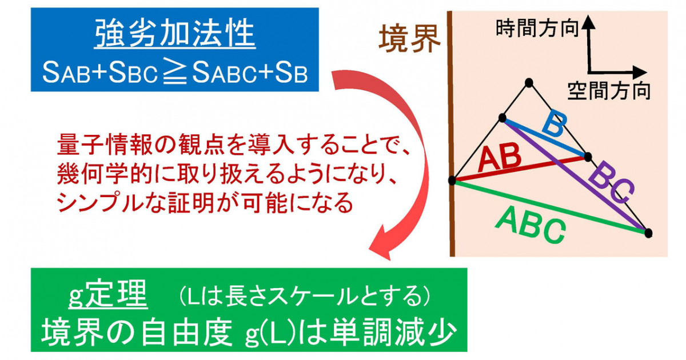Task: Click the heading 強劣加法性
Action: click(x=175, y=33)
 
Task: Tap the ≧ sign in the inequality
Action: click(x=175, y=73)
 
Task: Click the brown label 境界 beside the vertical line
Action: click(x=410, y=39)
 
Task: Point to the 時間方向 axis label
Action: click(x=537, y=29)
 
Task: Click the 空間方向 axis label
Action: click(x=609, y=91)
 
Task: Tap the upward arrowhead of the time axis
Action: click(x=588, y=22)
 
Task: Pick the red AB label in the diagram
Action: click(x=500, y=158)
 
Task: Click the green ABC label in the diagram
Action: click(x=531, y=225)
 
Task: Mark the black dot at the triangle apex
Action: click(x=529, y=83)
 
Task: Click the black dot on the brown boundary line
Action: click(x=452, y=181)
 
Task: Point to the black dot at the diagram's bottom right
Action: click(x=648, y=233)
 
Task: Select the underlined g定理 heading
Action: click(x=108, y=294)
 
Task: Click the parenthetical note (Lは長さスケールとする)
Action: click(x=305, y=297)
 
